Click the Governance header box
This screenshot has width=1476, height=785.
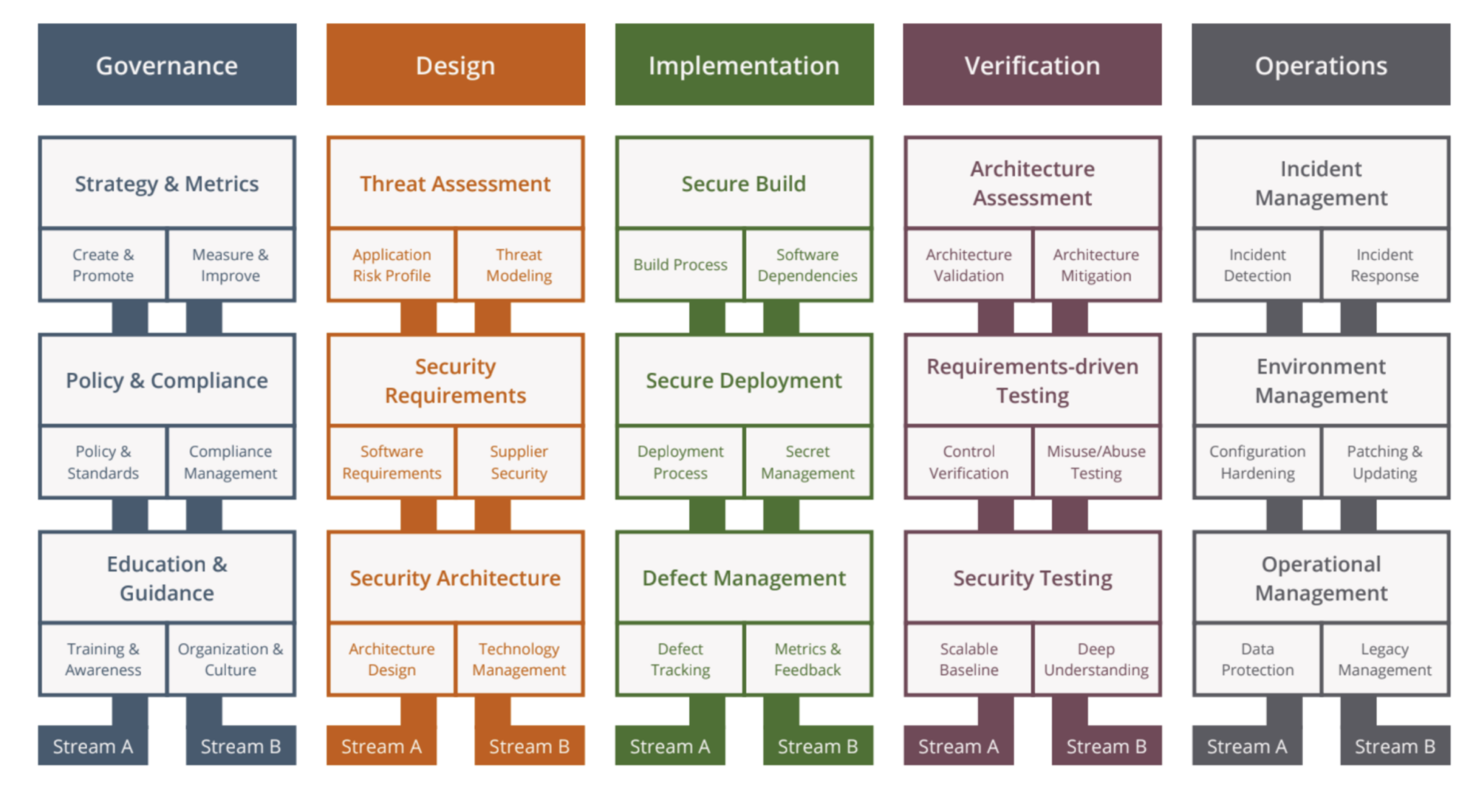[x=167, y=65]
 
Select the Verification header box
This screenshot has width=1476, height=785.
[x=1032, y=65]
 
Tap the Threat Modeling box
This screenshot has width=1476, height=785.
[x=519, y=265]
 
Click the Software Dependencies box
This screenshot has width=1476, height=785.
[x=807, y=265]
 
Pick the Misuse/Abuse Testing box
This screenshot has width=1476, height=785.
[x=1095, y=462]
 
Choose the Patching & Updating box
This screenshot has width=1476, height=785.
[x=1384, y=462]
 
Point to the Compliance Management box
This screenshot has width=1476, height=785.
[x=231, y=462]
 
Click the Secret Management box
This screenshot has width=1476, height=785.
[x=807, y=462]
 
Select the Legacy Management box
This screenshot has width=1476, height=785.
[x=1384, y=660]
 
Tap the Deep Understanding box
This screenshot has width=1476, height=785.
[x=1095, y=660]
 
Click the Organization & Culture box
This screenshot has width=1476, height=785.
[x=231, y=660]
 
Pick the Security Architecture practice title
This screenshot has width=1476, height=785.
[x=455, y=578]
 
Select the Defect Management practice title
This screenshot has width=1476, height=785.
[x=744, y=578]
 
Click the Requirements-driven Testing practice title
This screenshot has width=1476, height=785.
[x=1032, y=380]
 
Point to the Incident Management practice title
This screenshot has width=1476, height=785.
[x=1320, y=183]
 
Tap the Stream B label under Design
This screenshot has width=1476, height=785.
[x=529, y=746]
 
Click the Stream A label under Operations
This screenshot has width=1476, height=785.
[x=1247, y=746]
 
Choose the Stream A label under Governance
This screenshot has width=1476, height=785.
[x=93, y=746]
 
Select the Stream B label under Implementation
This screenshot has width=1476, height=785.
[x=817, y=746]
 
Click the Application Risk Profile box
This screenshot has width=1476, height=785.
[x=391, y=265]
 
